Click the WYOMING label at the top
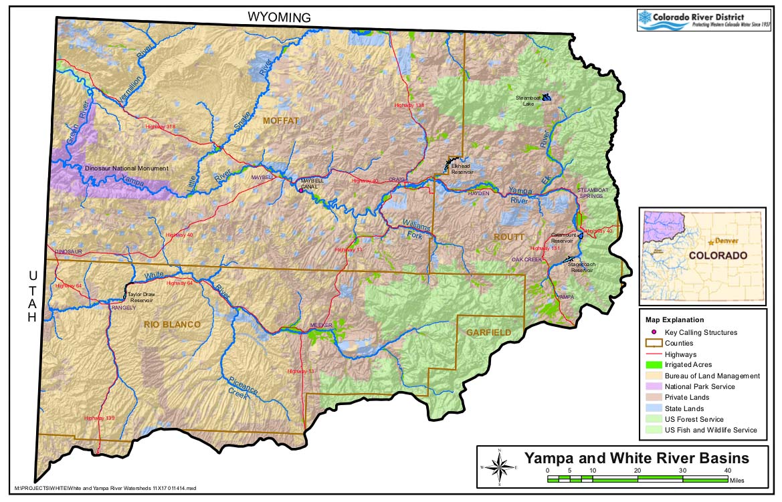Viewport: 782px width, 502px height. pyautogui.click(x=279, y=17)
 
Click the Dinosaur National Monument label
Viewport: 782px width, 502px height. pyautogui.click(x=126, y=168)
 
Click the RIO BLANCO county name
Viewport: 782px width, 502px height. pyautogui.click(x=172, y=324)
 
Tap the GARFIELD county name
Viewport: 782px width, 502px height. pyautogui.click(x=488, y=332)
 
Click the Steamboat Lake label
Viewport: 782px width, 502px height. pyautogui.click(x=527, y=101)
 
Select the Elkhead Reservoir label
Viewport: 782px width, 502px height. pyautogui.click(x=462, y=168)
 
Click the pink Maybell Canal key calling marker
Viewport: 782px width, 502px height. pyautogui.click(x=301, y=191)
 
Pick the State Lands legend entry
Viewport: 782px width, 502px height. pyautogui.click(x=684, y=408)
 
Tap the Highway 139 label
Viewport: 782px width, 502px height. pyautogui.click(x=100, y=418)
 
